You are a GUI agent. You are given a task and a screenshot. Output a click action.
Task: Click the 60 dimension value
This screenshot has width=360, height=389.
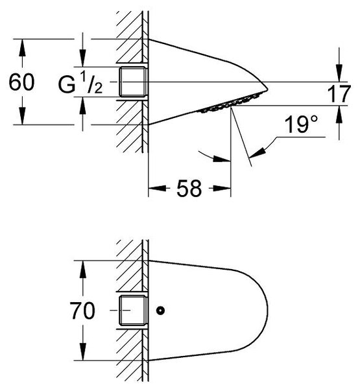(21, 82)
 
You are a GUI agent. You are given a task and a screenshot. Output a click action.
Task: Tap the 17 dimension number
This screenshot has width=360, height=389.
(339, 93)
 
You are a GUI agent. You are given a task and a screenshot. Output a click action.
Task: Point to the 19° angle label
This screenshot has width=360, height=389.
(301, 124)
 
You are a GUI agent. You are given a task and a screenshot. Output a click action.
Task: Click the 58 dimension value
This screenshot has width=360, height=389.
(189, 189)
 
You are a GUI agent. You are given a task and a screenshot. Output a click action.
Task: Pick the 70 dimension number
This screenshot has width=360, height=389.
(82, 311)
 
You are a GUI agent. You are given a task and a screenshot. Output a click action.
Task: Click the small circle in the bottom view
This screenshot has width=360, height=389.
(161, 311)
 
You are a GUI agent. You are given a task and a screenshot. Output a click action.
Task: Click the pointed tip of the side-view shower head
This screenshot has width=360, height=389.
(268, 89)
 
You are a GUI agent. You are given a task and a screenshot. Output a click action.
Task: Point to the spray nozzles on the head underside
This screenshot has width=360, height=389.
(231, 104)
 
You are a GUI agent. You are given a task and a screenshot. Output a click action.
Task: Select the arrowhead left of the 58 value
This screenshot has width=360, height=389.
(158, 188)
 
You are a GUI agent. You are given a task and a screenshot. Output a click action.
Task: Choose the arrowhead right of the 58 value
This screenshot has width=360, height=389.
(222, 188)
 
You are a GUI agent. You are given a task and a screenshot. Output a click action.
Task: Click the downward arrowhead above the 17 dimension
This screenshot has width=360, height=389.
(339, 73)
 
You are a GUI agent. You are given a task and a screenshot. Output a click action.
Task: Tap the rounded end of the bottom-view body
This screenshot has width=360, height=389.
(268, 311)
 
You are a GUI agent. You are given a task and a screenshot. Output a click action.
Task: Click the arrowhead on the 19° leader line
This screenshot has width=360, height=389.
(257, 152)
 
